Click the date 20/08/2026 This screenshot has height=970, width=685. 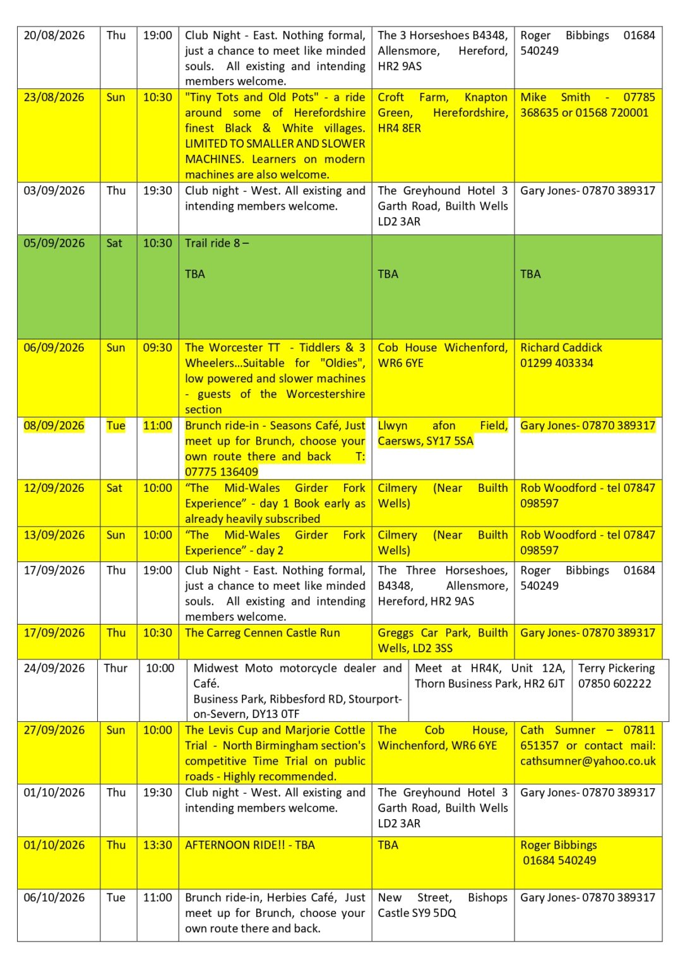(x=54, y=35)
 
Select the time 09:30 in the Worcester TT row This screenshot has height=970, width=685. (x=157, y=347)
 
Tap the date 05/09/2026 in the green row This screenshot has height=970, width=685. (x=54, y=243)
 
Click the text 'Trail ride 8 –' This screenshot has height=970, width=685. (x=217, y=243)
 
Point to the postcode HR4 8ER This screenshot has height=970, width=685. (x=399, y=128)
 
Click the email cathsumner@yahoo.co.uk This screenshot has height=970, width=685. (x=587, y=761)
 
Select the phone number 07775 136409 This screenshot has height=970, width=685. (x=221, y=472)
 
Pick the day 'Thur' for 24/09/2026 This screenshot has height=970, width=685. (x=116, y=668)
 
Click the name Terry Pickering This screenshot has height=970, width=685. (x=616, y=668)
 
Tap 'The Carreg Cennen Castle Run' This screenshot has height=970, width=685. (x=262, y=633)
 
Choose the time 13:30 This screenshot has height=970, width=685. (x=157, y=845)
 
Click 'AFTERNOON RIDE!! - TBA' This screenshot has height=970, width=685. (x=249, y=845)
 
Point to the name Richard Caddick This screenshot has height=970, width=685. (x=561, y=347)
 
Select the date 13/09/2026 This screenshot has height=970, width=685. (x=54, y=535)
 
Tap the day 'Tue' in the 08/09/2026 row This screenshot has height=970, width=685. (x=116, y=426)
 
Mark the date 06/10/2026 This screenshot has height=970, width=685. (x=54, y=897)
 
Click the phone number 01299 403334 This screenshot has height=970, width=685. (x=556, y=363)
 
